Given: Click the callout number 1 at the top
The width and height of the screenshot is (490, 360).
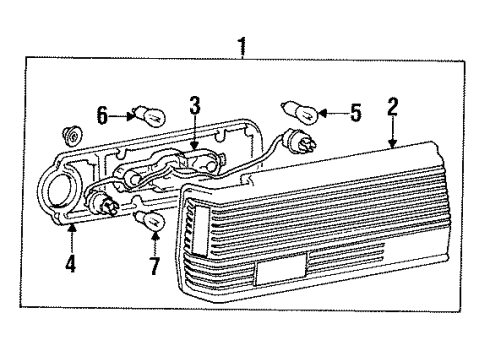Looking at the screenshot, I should pos(240,46).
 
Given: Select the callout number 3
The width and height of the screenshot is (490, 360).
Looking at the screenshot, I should pos(194,104).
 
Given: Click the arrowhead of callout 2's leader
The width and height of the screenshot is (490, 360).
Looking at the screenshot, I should pos(393,146).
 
